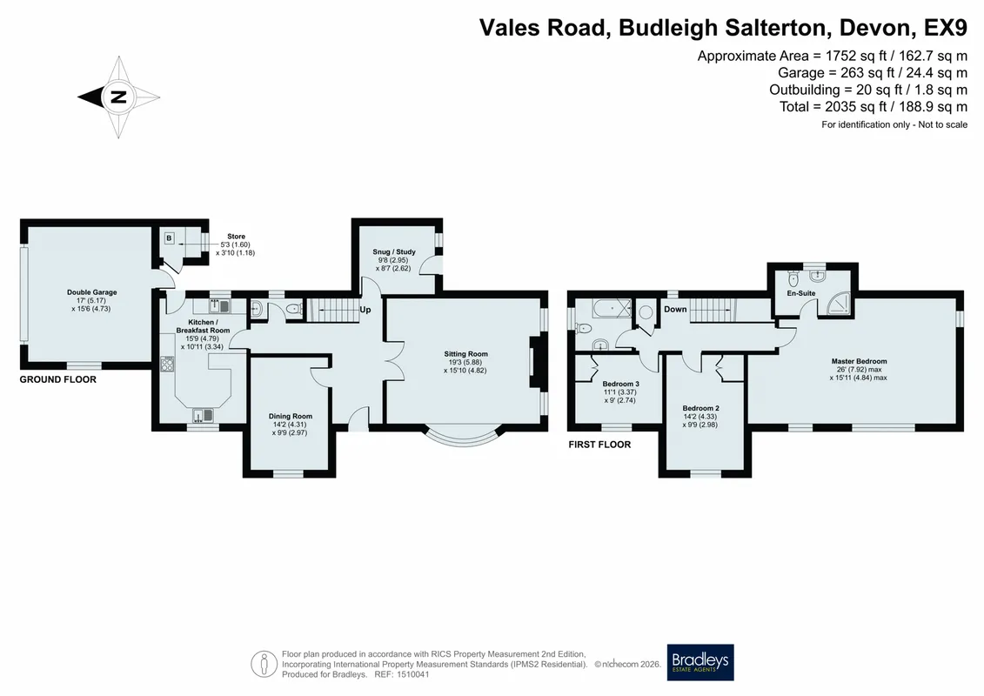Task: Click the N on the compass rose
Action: [x=118, y=97]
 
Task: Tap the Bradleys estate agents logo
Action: [x=700, y=662]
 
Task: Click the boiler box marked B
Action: [x=169, y=238]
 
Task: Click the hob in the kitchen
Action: [x=168, y=364]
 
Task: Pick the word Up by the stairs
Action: [x=365, y=310]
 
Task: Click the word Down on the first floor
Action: [x=675, y=309]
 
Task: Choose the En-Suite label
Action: [x=801, y=293]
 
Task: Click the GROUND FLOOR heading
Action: [x=57, y=379]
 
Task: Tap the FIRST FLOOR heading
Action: [x=599, y=445]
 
